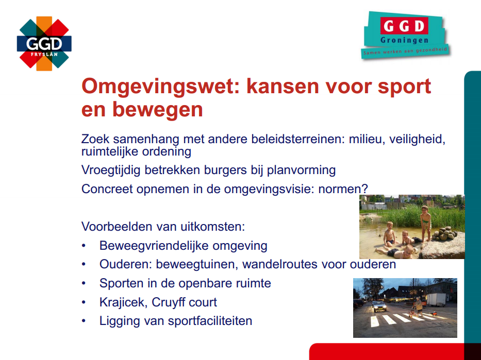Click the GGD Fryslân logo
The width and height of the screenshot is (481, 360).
(44, 43)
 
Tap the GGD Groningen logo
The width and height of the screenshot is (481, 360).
(405, 35)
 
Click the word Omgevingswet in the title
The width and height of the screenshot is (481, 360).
(162, 87)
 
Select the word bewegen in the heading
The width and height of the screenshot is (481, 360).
(158, 109)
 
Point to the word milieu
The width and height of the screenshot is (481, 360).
(367, 139)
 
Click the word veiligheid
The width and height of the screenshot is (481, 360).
(417, 140)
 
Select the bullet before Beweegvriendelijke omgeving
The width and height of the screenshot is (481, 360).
(84, 246)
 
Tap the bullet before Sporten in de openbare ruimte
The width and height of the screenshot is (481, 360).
(84, 283)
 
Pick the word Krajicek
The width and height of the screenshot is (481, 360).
(123, 302)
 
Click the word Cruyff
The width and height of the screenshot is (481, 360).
(168, 302)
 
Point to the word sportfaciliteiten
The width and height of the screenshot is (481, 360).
(210, 321)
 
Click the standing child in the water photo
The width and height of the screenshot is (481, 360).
(425, 222)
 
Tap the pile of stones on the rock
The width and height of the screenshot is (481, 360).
(444, 234)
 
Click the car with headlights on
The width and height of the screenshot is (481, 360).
(379, 306)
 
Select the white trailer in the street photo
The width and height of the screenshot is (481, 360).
(436, 300)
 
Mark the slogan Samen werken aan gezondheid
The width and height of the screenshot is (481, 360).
(405, 51)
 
